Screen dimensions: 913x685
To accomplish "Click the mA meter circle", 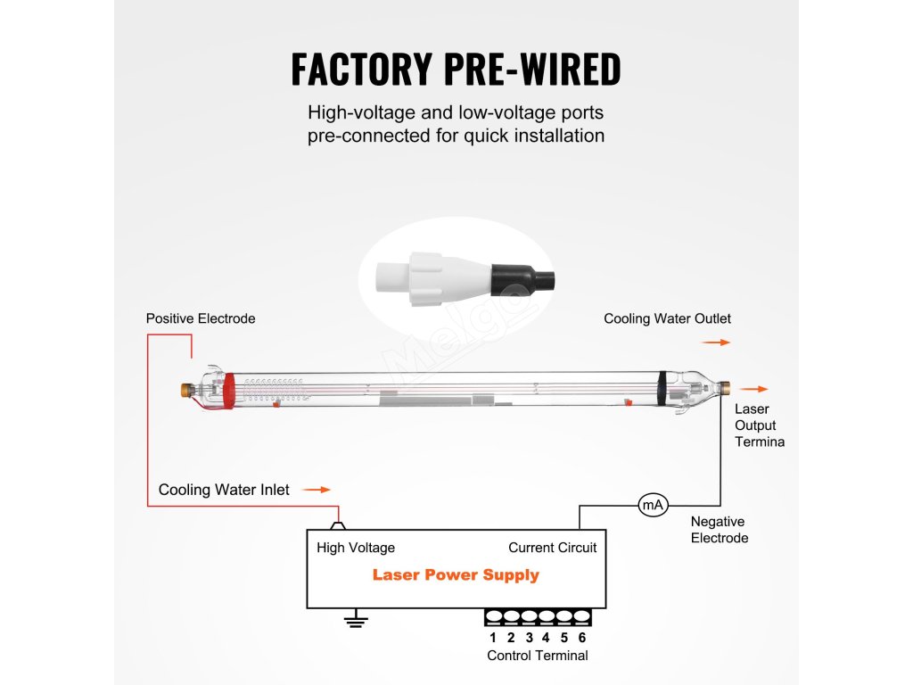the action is point(653,505).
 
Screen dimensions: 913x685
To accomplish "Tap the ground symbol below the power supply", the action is point(356,619).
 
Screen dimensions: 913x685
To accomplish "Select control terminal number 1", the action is point(493,638).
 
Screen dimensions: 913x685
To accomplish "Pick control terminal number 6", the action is point(581,638).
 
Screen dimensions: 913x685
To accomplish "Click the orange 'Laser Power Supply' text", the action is point(456,575).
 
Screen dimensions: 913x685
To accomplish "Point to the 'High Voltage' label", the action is point(356,548).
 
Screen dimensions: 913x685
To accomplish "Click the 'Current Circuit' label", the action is point(553,548).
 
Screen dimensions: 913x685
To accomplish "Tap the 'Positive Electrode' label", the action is point(201,318).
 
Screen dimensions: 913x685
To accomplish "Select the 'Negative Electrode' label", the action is point(720,530).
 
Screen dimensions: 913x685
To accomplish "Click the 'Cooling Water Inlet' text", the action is point(224,490).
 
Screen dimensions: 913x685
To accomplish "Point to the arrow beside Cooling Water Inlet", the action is point(317,490).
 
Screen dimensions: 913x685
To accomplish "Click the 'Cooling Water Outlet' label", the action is point(667,318).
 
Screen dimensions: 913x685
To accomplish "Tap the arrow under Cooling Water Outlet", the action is point(716,342).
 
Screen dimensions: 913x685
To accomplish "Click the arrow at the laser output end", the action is point(753,389).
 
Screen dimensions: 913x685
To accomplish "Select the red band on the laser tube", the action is point(229,390).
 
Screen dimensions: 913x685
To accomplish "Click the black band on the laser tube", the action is point(662,389).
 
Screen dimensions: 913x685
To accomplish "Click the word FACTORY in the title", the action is point(362,69).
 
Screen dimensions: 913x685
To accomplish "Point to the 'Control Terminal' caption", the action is point(538,656).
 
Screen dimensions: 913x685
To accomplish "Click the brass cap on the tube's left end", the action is point(187,390).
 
